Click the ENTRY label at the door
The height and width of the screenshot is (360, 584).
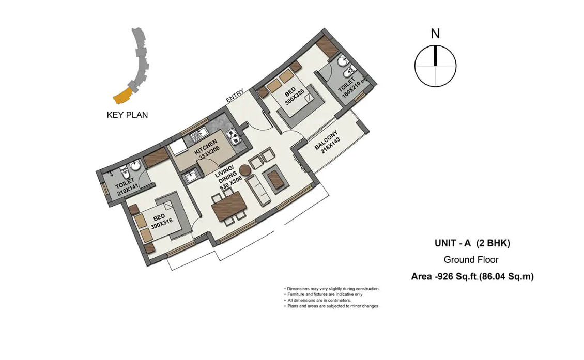pyautogui.click(x=235, y=96)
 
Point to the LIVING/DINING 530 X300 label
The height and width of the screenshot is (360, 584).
pyautogui.click(x=229, y=178)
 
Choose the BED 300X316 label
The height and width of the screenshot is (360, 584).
pyautogui.click(x=161, y=222)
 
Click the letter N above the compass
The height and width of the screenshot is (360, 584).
pyautogui.click(x=435, y=34)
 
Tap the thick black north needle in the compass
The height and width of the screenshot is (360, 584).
pyautogui.click(x=435, y=56)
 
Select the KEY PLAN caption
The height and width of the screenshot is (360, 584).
pyautogui.click(x=127, y=115)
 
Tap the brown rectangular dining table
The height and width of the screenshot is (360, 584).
pyautogui.click(x=228, y=206)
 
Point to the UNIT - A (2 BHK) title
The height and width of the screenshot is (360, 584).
pyautogui.click(x=472, y=243)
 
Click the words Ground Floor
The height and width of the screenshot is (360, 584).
pyautogui.click(x=471, y=259)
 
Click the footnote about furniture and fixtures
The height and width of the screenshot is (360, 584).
pyautogui.click(x=324, y=294)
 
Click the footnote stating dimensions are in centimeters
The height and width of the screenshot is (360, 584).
pyautogui.click(x=317, y=300)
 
